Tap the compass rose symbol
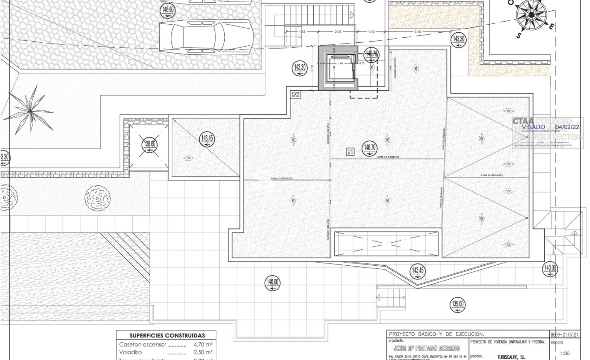tap(532, 14)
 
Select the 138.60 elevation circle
tap(150, 144)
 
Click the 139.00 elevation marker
tap(458, 304)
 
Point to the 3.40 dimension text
tap(418, 31)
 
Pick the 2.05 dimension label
tap(338, 31)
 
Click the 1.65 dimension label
tap(302, 31)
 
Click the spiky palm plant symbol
tap(29, 109)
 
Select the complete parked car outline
tap(206, 37)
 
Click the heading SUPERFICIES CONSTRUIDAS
tap(167, 335)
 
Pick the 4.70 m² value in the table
tap(203, 345)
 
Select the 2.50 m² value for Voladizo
tap(203, 353)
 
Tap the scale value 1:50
tap(565, 353)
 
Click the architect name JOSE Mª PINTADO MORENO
tap(426, 348)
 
